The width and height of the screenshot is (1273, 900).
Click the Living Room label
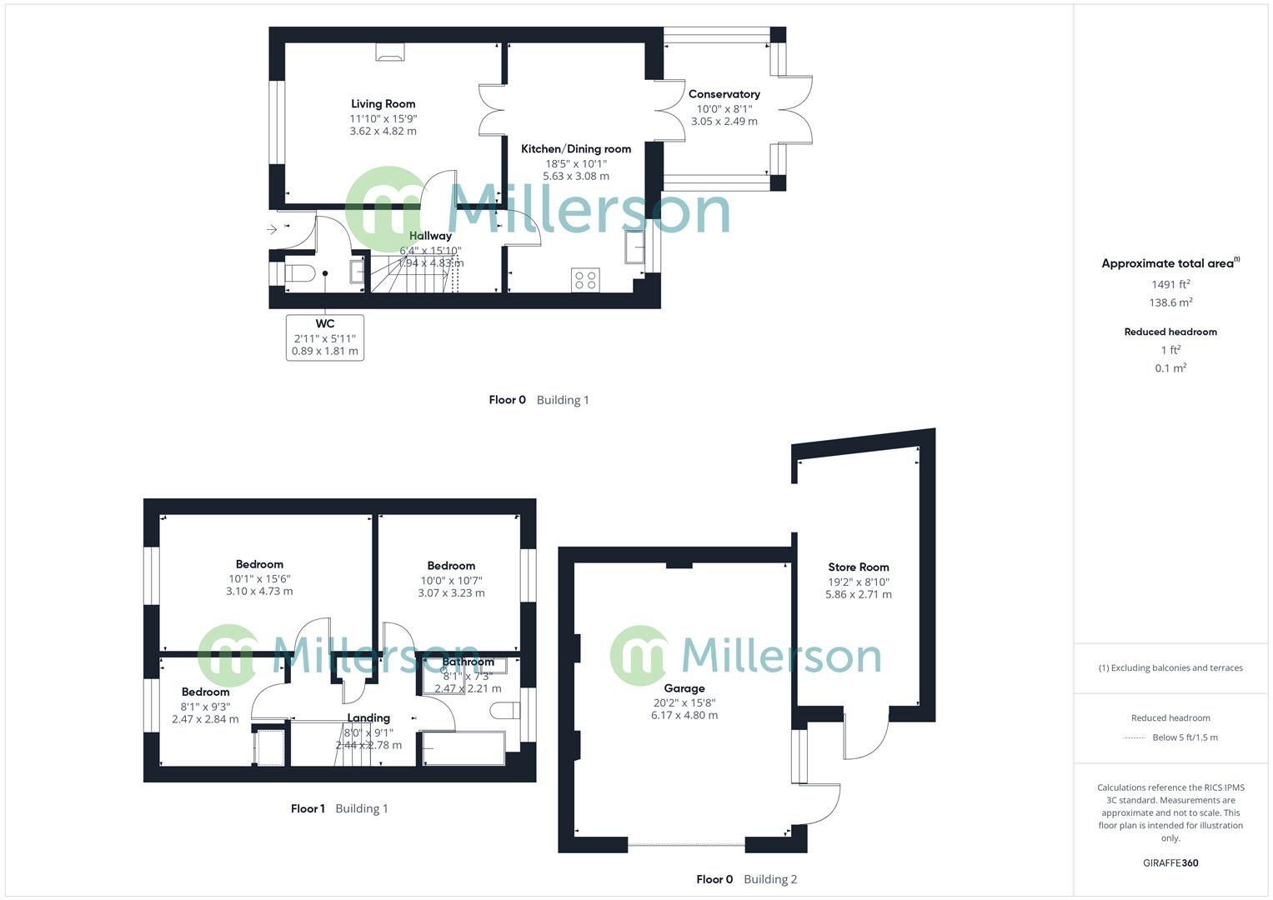(x=383, y=104)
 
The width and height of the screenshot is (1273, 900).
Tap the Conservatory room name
(x=724, y=94)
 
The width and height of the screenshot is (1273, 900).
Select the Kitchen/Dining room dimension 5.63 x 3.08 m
(x=575, y=176)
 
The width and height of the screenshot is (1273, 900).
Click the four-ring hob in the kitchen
(x=586, y=280)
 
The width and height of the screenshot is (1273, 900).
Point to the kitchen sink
(x=634, y=247)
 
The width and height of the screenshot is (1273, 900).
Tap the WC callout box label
(x=325, y=323)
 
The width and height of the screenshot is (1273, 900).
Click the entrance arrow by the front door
(x=272, y=229)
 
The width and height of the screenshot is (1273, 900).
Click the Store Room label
(x=858, y=567)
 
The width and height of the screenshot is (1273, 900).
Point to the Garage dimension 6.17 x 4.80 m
(x=684, y=715)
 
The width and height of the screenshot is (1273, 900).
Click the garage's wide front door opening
(x=686, y=846)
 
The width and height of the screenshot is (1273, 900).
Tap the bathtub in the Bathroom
(x=464, y=748)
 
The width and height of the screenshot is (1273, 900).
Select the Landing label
(x=368, y=717)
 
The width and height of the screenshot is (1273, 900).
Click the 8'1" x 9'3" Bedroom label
(x=205, y=692)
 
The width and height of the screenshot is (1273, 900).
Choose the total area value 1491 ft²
(x=1170, y=284)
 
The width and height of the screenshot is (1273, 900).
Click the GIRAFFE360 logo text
(x=1170, y=862)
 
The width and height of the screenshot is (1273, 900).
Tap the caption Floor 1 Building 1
(x=338, y=808)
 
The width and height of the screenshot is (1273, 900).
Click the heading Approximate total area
(x=1169, y=263)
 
